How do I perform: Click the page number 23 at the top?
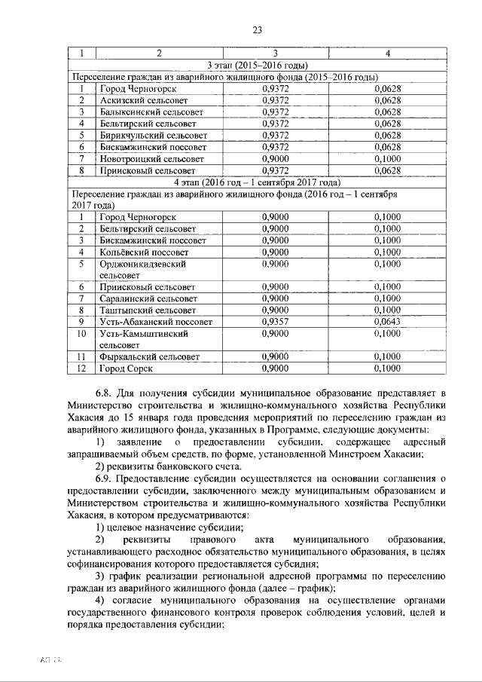pyautogui.click(x=256, y=30)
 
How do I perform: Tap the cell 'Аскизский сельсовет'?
pyautogui.click(x=143, y=100)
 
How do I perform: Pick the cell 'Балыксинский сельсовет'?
pyautogui.click(x=149, y=112)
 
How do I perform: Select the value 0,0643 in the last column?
pyautogui.click(x=387, y=321)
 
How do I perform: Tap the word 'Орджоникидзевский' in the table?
pyautogui.click(x=143, y=264)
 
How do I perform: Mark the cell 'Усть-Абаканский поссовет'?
pyautogui.click(x=153, y=321)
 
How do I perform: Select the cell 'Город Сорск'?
pyautogui.click(x=127, y=369)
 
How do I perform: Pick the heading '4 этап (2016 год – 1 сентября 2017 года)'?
pyautogui.click(x=258, y=182)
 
